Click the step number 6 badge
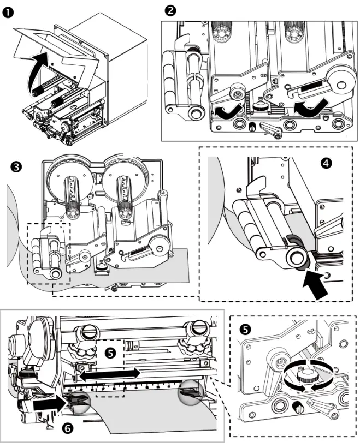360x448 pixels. [67, 429]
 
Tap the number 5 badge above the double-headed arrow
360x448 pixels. [111, 353]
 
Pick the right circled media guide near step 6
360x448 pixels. [190, 389]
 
